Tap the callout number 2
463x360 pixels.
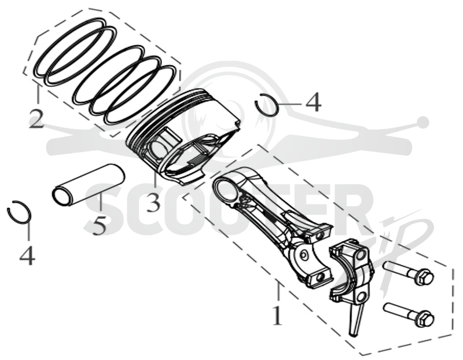pos(36,119)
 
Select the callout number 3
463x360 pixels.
pos(154,203)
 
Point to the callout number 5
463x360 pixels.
pos(99,225)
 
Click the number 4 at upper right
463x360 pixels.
pos(313,102)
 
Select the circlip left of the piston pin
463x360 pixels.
pos(19,212)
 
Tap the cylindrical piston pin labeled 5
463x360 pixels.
pos(88,185)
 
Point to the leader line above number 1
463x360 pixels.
pos(278,293)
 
